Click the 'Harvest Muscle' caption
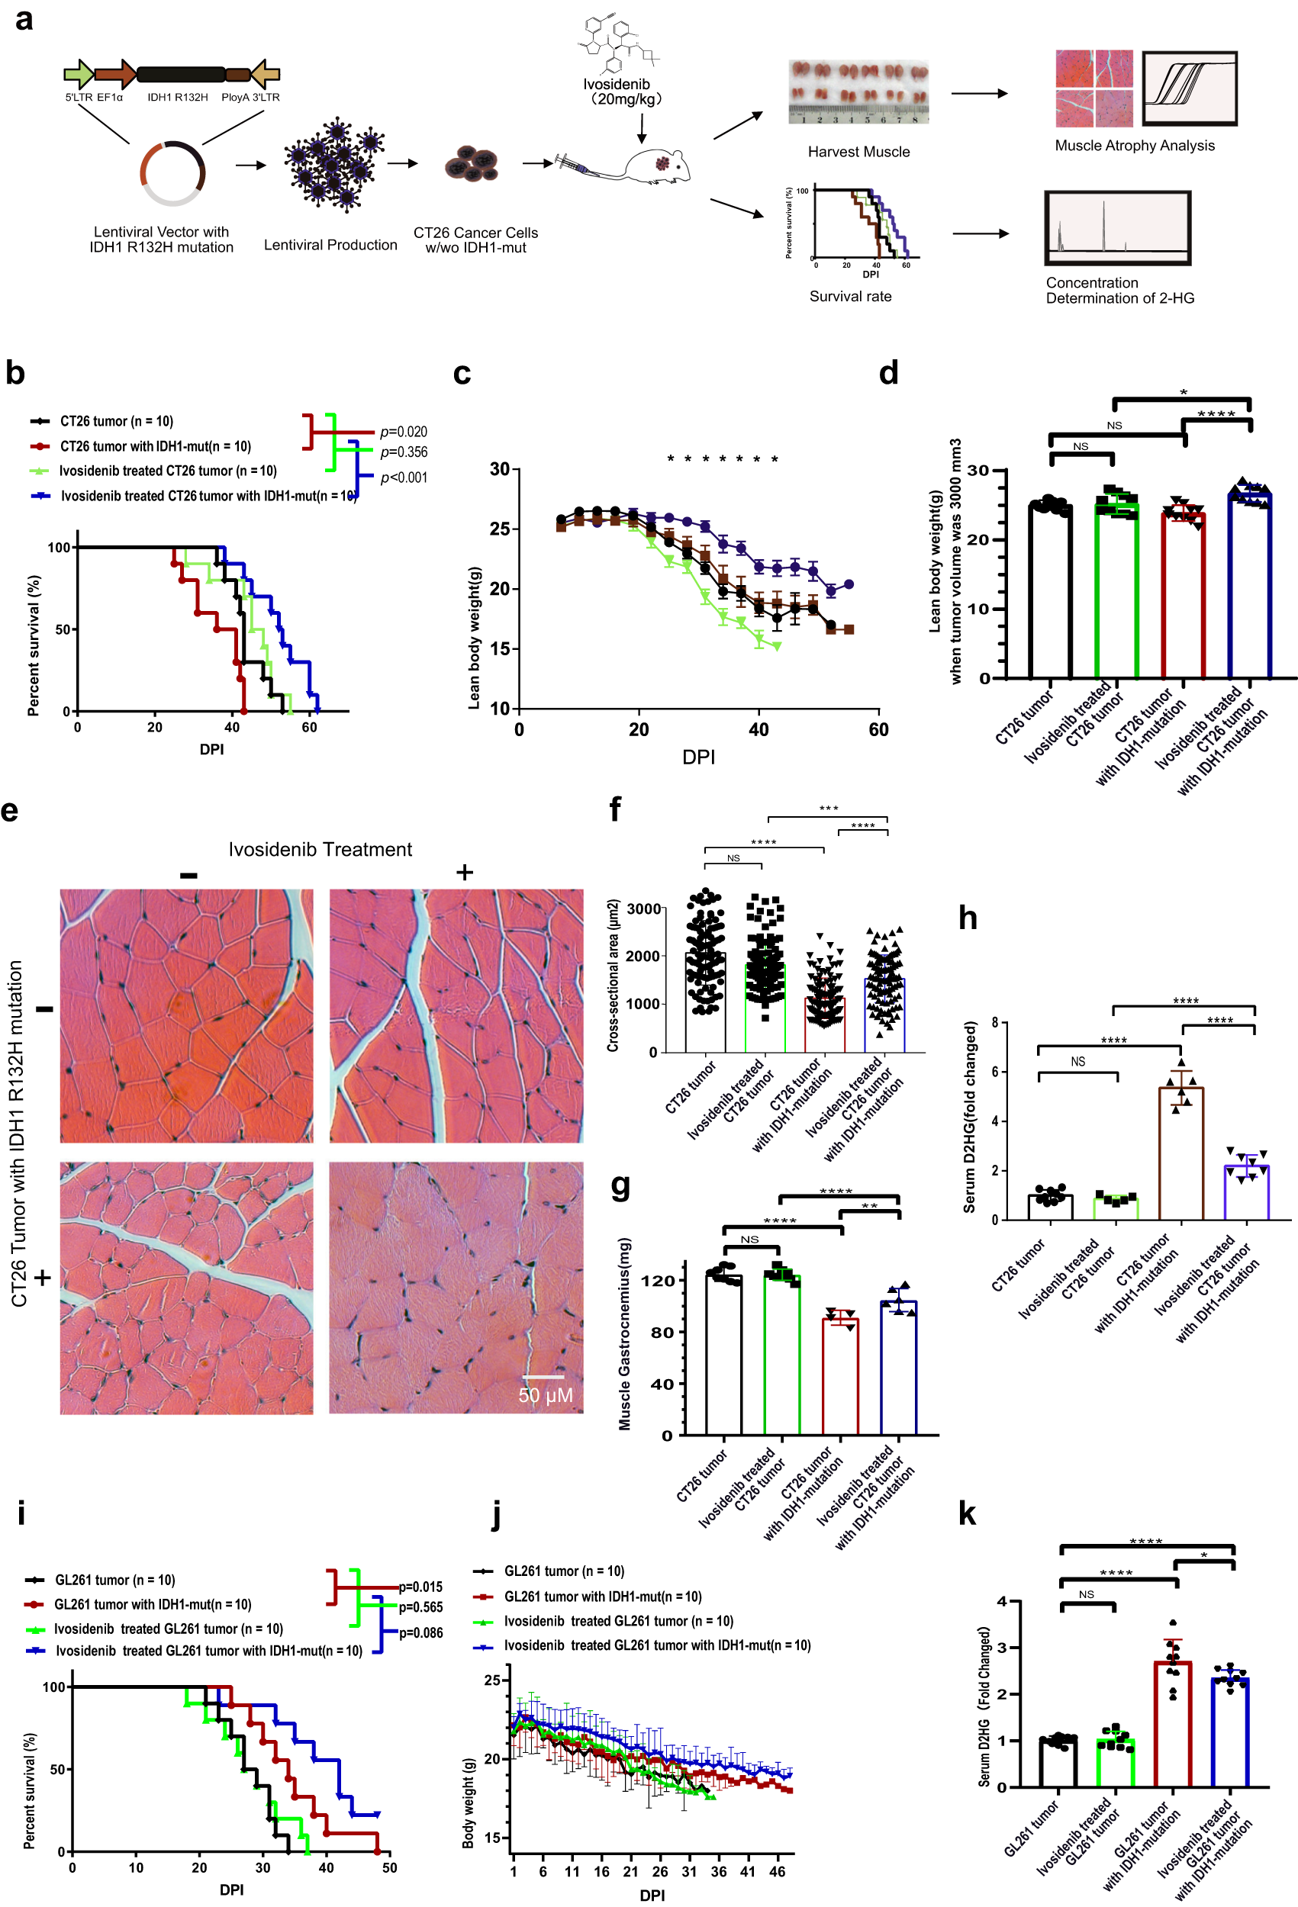click(858, 152)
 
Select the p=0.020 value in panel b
click(403, 432)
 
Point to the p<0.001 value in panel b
click(403, 478)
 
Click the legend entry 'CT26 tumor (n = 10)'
click(117, 421)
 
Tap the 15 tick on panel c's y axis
click(499, 648)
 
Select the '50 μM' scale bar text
click(545, 1395)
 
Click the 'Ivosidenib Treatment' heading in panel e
click(320, 849)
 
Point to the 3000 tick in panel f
click(644, 908)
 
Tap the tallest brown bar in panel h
click(1180, 1153)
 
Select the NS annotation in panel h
click(1077, 1062)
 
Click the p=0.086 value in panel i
click(420, 1633)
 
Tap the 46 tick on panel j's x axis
click(777, 1872)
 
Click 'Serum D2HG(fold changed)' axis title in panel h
click(970, 1117)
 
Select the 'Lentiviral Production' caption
click(330, 246)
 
